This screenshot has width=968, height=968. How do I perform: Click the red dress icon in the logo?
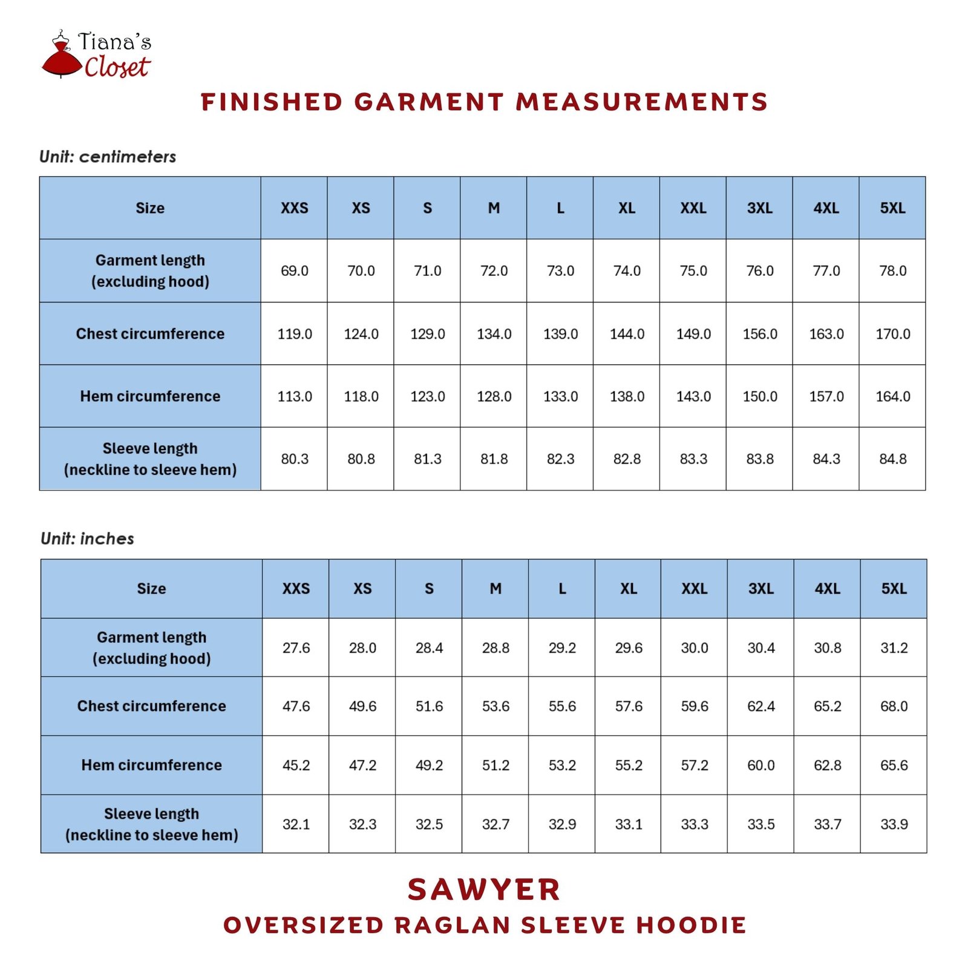[61, 57]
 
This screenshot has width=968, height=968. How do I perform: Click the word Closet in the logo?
[117, 67]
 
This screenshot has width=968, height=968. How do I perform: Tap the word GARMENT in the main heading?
[429, 102]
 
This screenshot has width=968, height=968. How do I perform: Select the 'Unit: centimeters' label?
[108, 157]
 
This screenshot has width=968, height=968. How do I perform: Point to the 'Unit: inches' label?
[87, 538]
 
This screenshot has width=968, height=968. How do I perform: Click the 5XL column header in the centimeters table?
[892, 208]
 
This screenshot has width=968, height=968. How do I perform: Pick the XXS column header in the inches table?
[296, 589]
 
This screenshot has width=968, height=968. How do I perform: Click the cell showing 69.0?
[295, 271]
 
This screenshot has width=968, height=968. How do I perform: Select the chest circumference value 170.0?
[892, 334]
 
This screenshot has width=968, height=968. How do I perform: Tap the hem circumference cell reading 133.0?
[560, 396]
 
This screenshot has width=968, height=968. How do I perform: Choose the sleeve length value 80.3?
[295, 459]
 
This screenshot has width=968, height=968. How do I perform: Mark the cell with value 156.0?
[759, 334]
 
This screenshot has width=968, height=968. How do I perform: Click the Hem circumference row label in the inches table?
[151, 765]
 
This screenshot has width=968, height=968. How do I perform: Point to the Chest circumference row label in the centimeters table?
[150, 334]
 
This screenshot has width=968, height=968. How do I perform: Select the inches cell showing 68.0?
[894, 706]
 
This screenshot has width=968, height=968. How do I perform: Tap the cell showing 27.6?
[296, 648]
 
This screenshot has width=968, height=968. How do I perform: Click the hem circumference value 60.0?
[760, 765]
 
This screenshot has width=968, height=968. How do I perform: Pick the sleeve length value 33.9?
[894, 824]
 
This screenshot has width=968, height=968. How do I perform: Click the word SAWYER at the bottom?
[484, 889]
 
